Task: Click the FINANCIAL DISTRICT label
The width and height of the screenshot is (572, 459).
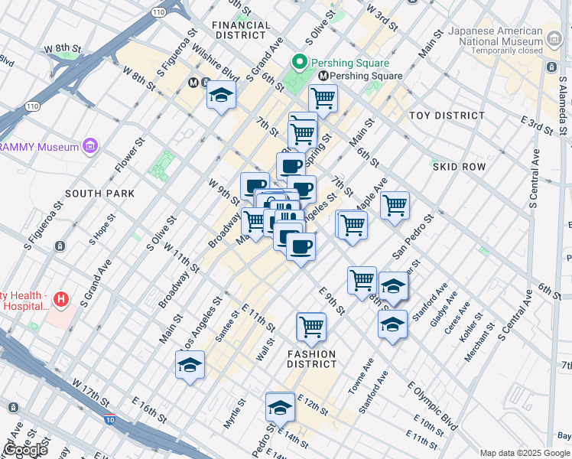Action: [x=242, y=30]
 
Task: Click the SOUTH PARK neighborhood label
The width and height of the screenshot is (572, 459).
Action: [x=99, y=194]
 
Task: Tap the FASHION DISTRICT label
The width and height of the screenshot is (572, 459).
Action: [x=311, y=359]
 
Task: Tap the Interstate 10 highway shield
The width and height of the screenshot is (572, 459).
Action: [x=110, y=419]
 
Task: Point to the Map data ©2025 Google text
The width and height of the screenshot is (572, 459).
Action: [x=524, y=452]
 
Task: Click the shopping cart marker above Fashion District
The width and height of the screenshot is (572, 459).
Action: [x=311, y=327]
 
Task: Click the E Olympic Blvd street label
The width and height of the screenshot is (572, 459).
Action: [x=432, y=406]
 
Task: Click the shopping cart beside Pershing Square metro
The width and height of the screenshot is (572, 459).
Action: [x=323, y=99]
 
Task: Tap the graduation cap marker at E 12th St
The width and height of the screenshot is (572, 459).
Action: [x=280, y=406]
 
